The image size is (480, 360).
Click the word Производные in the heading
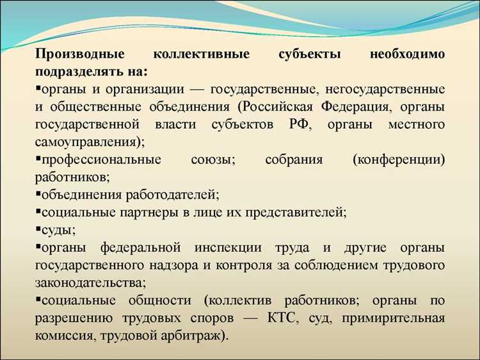tap(76, 55)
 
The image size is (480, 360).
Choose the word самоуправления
tap(86, 141)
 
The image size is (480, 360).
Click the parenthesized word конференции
tap(398, 159)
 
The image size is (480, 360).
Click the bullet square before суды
tap(38, 228)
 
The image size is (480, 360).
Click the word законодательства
tap(89, 281)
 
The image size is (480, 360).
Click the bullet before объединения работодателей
tap(38, 193)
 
